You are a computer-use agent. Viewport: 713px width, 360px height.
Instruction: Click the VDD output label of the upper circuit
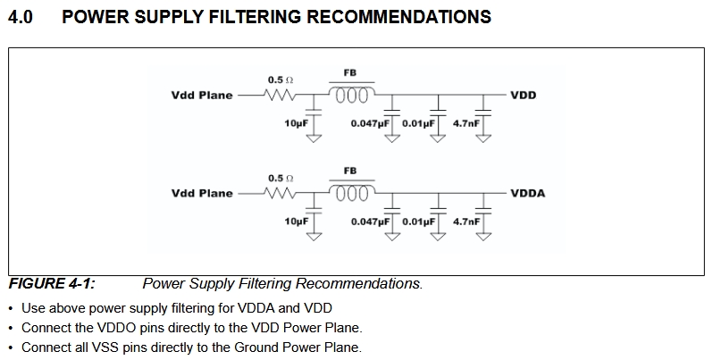tap(523, 94)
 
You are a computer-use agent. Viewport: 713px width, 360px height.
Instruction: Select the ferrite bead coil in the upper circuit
tap(351, 94)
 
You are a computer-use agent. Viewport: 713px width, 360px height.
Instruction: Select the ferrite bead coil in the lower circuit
tap(351, 193)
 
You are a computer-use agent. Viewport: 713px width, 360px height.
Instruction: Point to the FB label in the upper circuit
tap(350, 72)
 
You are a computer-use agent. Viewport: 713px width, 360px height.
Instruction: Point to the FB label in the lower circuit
tap(350, 171)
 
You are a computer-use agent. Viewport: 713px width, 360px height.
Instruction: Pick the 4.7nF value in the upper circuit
tap(466, 121)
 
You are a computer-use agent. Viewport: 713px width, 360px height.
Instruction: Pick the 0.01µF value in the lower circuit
tap(418, 221)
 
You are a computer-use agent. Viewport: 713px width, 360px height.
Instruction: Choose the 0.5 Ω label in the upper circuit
tap(281, 80)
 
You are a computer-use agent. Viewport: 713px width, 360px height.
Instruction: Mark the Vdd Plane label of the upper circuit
tap(202, 94)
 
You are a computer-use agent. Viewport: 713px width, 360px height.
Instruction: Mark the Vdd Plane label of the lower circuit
tap(202, 193)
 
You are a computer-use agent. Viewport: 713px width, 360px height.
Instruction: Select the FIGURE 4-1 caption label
tap(52, 284)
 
